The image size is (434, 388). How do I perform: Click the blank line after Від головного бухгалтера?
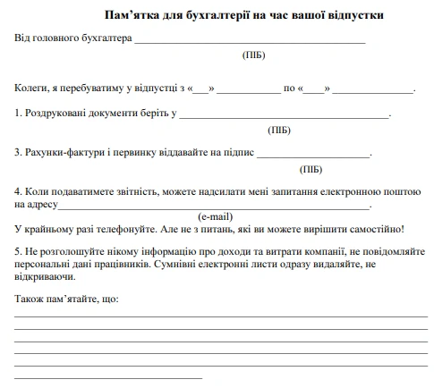point(250,41)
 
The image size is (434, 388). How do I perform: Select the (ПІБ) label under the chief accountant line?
point(253,55)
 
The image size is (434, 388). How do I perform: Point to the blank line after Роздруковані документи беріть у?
point(285,115)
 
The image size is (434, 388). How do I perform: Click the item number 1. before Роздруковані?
point(19,114)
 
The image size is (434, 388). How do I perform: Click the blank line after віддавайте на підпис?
point(313,156)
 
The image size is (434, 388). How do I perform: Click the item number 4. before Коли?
point(19,191)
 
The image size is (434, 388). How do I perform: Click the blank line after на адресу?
point(214,207)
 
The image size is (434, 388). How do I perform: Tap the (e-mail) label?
point(215,216)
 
